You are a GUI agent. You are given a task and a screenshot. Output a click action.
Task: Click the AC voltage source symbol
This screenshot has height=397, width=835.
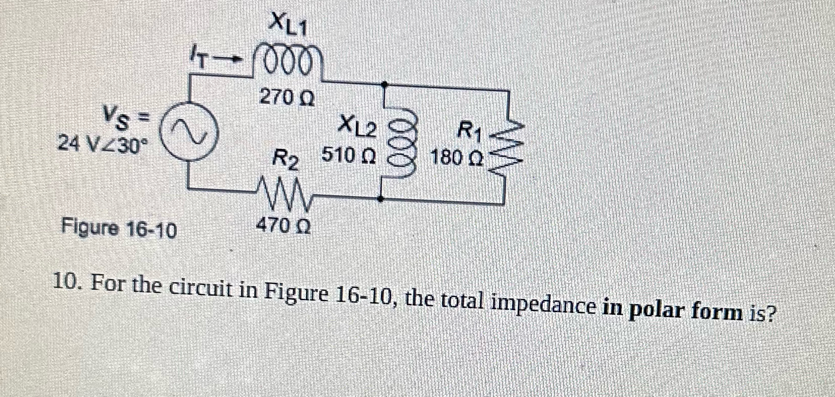coord(190,131)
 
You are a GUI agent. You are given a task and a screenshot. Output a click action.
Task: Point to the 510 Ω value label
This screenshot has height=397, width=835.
coord(349,156)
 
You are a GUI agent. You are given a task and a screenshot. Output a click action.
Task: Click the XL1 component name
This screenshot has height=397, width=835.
coord(288,24)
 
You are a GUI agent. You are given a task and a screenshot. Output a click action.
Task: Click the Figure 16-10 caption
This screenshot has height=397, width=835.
coord(119,230)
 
